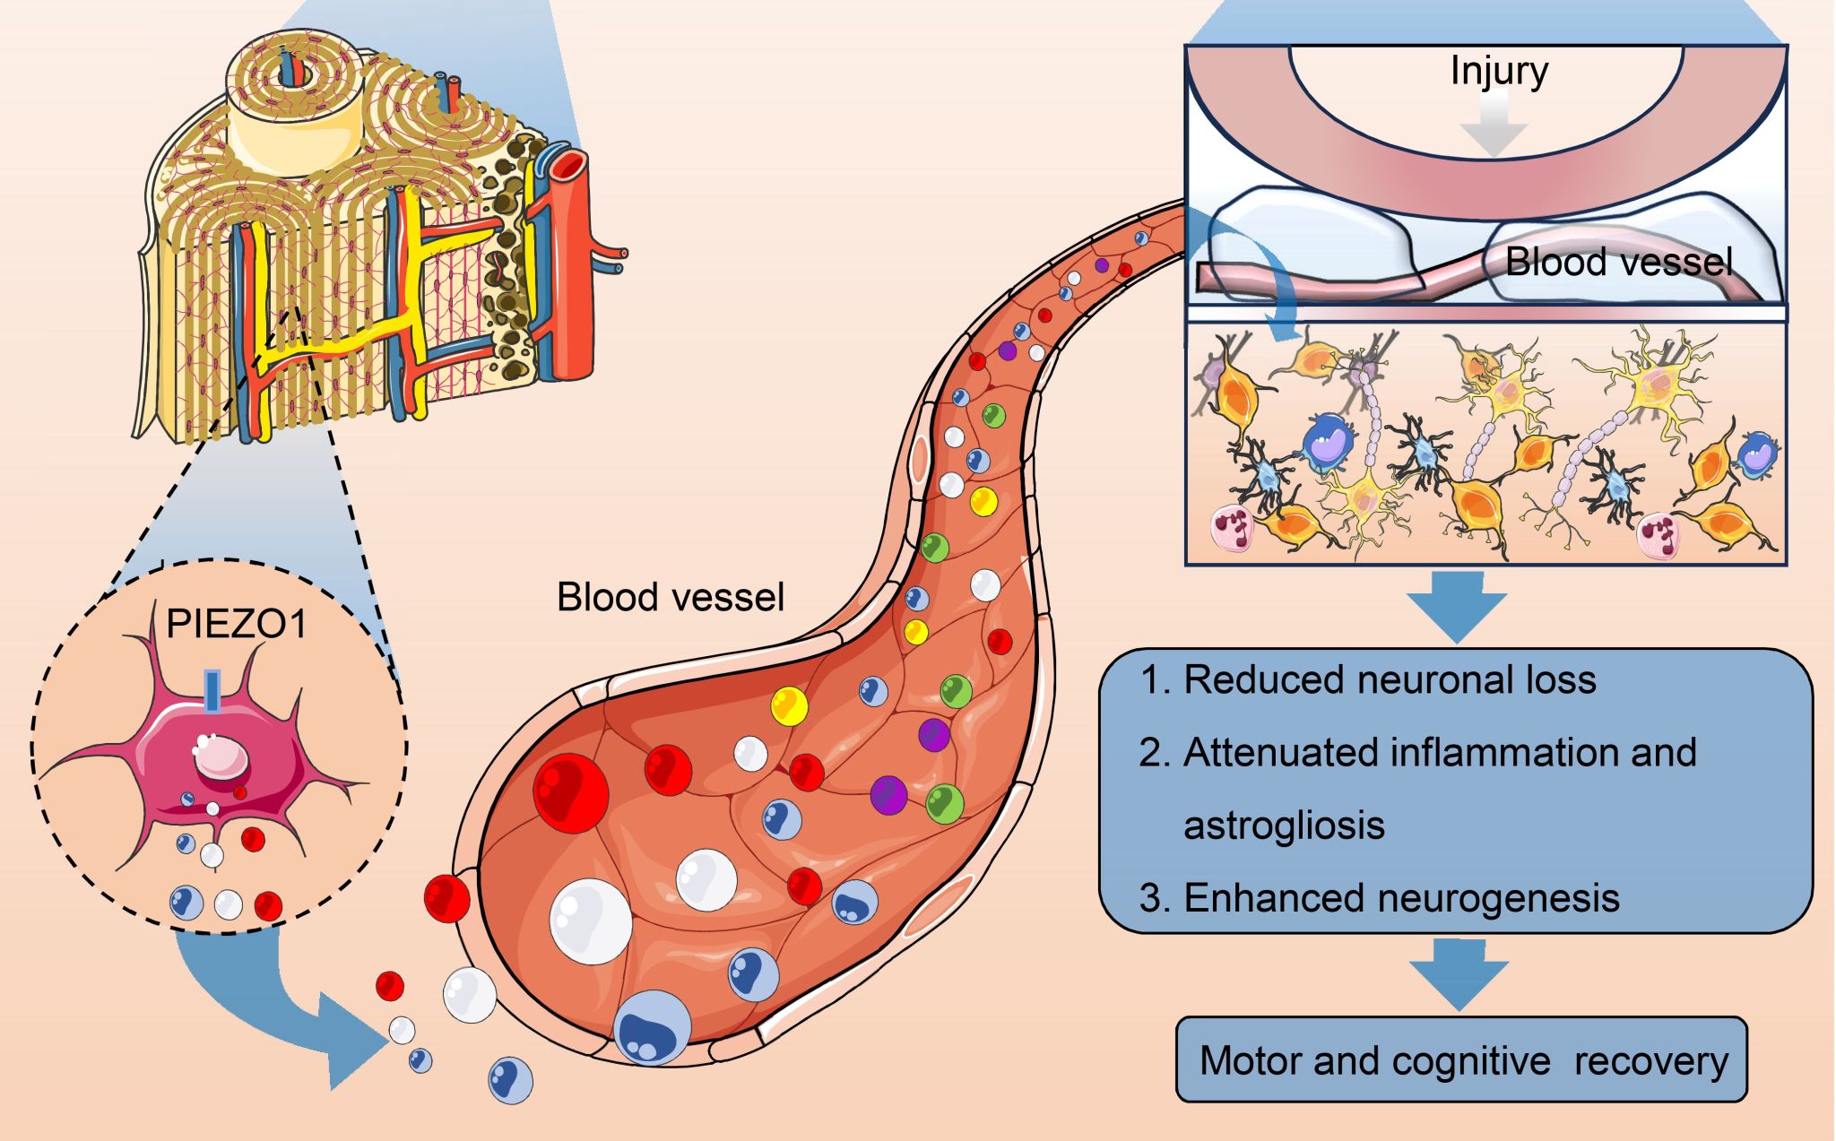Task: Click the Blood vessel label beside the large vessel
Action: [x=671, y=597]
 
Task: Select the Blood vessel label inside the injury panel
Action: [x=1618, y=262]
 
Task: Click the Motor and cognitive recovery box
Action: [x=1461, y=1059]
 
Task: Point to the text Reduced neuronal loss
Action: [x=1390, y=679]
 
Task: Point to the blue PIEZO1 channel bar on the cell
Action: [x=212, y=691]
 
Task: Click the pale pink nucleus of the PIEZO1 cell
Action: [x=221, y=757]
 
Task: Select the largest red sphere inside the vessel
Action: [x=570, y=792]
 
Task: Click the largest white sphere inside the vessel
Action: [x=590, y=921]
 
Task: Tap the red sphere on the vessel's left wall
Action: [x=446, y=898]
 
